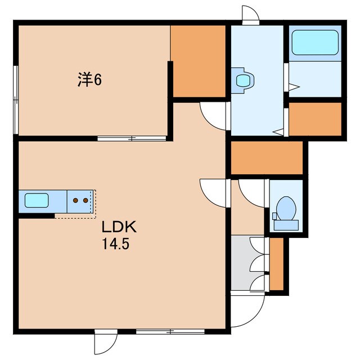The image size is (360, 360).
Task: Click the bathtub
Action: click(314, 42)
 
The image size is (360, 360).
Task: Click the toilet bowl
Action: click(286, 209)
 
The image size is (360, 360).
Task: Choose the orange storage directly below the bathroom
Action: click(314, 119)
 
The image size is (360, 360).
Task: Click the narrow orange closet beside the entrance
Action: click(276, 264)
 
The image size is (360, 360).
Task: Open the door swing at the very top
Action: click(250, 15)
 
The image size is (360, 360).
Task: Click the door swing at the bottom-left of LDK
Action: click(103, 342)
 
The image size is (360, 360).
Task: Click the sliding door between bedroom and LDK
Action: click(132, 138)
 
